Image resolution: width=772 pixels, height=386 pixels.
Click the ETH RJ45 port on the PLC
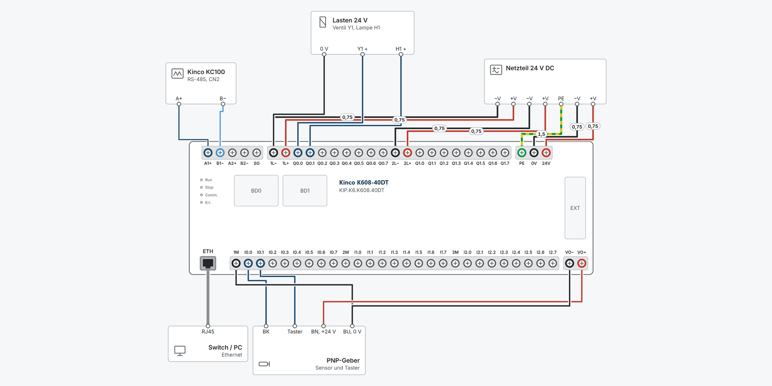[208, 263]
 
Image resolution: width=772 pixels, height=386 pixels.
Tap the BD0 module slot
[256, 191]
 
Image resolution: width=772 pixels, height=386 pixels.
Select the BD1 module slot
[305, 191]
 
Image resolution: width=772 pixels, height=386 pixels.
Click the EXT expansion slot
[575, 208]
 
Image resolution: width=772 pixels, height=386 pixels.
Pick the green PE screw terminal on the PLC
[522, 153]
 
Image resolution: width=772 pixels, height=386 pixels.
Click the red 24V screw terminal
[546, 153]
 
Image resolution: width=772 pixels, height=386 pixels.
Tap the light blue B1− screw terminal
[220, 153]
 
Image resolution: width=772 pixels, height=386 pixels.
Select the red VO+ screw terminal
[582, 263]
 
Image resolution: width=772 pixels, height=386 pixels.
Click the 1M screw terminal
[236, 263]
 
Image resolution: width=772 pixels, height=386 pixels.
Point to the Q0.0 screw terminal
[298, 153]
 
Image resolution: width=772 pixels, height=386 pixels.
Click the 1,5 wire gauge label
[542, 134]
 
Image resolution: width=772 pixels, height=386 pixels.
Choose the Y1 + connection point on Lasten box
[362, 54]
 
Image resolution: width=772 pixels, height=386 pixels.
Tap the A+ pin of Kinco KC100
[179, 104]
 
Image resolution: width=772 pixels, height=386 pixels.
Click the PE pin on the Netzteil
[561, 104]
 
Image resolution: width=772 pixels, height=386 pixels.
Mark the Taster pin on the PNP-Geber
[295, 326]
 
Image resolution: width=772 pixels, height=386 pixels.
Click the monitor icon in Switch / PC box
[180, 350]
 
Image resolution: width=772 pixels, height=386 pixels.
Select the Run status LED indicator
[201, 180]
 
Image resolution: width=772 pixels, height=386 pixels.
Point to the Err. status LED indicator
[201, 203]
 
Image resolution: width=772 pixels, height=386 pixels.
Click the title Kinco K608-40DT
[364, 183]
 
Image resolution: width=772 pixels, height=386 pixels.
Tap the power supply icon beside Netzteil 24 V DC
[496, 69]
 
